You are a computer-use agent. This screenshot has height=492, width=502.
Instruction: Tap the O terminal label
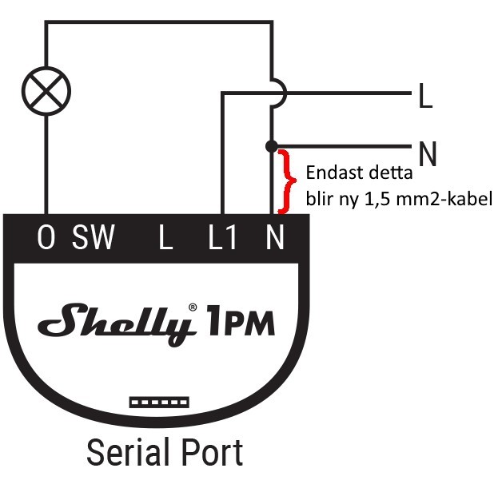pyautogui.click(x=46, y=239)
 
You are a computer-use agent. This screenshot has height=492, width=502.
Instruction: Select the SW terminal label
pyautogui.click(x=94, y=239)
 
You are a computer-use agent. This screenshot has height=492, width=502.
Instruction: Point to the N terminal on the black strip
pyautogui.click(x=274, y=239)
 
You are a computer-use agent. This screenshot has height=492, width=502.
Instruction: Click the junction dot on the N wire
pyautogui.click(x=272, y=146)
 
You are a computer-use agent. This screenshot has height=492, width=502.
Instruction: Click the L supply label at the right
pyautogui.click(x=424, y=97)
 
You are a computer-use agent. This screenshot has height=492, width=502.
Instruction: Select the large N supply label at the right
pyautogui.click(x=428, y=153)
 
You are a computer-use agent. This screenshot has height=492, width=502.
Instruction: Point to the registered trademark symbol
pyautogui.click(x=193, y=306)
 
